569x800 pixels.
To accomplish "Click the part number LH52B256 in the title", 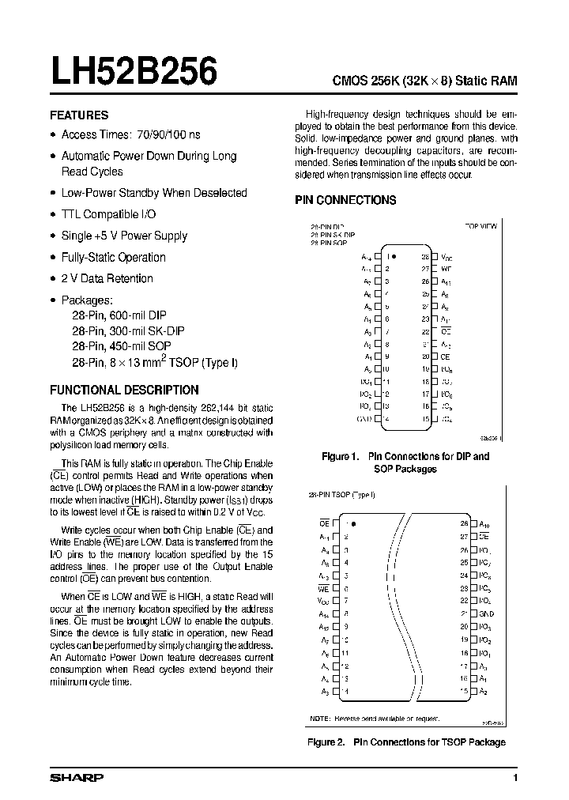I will [134, 73].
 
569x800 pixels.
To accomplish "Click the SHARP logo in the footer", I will [77, 778].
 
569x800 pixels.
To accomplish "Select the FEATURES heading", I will [79, 115].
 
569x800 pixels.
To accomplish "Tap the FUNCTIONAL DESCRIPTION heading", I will [124, 390].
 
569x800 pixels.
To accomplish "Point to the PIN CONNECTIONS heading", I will [345, 201].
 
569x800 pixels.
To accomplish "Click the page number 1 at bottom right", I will [515, 779].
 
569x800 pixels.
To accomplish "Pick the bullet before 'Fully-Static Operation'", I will [53, 258].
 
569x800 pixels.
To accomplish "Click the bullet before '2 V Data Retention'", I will [53, 279].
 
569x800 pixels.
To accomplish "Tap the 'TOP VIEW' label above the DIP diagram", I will [480, 226].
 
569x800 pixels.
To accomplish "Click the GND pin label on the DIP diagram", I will [364, 418].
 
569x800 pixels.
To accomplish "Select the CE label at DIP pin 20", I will [445, 357].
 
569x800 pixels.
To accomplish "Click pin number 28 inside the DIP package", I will [424, 257].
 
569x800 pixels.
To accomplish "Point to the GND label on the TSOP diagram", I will [486, 613].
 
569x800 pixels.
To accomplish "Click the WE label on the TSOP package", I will [323, 588].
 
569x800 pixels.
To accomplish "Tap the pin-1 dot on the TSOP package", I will [353, 523].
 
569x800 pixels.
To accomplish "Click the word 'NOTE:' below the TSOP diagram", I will [320, 718].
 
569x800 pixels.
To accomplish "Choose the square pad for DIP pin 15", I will [434, 418].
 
